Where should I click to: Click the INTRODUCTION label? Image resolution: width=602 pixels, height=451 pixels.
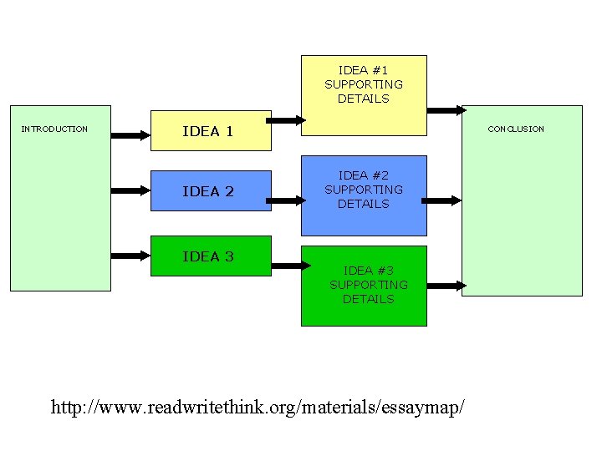tap(54, 129)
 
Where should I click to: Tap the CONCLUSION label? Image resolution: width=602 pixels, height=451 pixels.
tap(516, 129)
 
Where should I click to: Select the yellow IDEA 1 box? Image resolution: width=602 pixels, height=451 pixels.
tap(211, 131)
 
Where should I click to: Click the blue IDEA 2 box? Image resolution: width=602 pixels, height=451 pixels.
tap(211, 191)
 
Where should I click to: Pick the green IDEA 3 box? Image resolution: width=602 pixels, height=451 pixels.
tap(211, 256)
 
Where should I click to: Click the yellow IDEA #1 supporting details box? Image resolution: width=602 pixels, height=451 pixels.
tap(364, 95)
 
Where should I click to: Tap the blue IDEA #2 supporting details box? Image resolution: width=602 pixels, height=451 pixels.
tap(364, 195)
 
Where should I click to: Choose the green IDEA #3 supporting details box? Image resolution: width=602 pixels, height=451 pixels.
tap(364, 286)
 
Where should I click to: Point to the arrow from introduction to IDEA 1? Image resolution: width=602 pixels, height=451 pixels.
tap(130, 134)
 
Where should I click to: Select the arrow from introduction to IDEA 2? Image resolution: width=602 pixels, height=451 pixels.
tap(130, 190)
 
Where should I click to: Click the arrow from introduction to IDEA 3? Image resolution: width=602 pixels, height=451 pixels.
tap(130, 249)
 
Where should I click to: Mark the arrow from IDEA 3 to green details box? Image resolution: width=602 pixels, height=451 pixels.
tap(292, 266)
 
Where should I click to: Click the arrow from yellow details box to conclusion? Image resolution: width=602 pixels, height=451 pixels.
tap(446, 110)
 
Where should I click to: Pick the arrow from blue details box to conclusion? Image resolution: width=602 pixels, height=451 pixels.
tap(442, 200)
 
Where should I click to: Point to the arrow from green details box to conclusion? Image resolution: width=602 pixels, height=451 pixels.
tap(446, 286)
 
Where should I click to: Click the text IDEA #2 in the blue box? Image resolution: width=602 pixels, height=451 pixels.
tap(364, 175)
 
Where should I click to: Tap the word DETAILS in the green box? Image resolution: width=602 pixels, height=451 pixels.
tap(368, 299)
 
